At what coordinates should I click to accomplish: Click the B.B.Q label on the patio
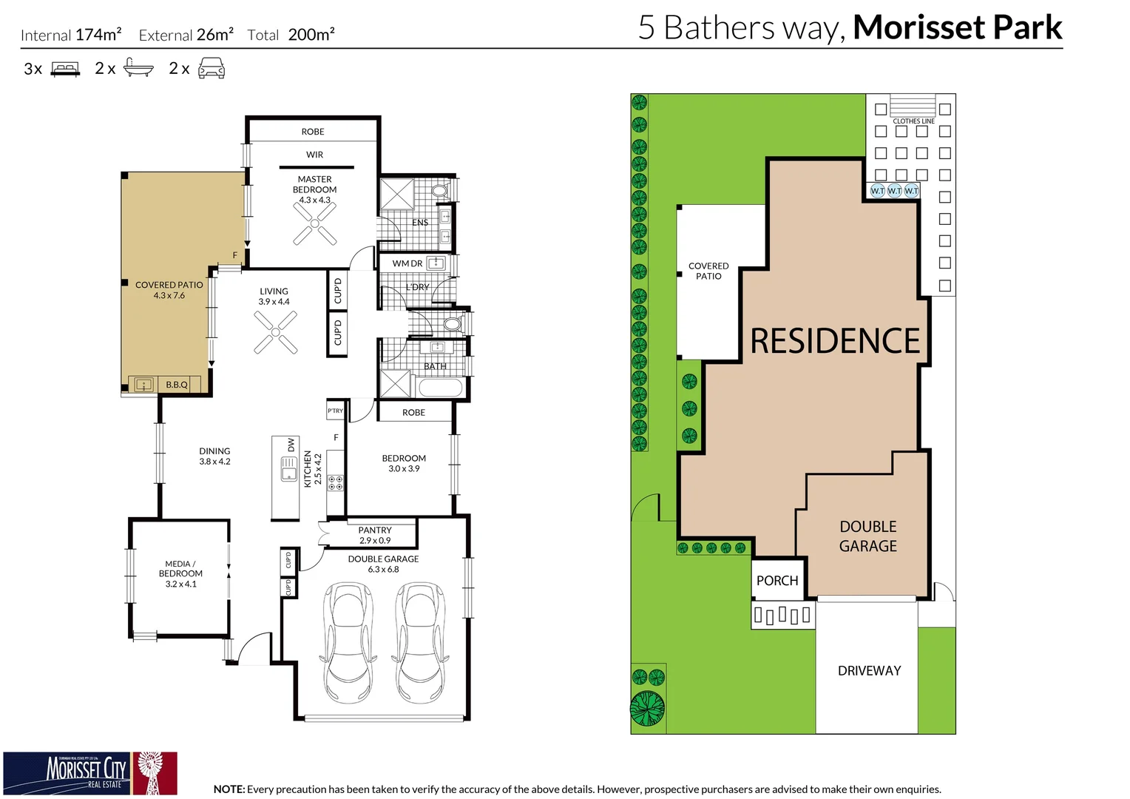pos(177,385)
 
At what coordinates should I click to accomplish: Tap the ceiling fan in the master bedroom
pos(315,223)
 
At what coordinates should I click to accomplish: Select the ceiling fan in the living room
pos(276,333)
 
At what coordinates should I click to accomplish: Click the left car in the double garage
pos(348,641)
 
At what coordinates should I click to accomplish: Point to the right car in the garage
pos(420,641)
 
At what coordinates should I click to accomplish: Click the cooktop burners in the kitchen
pos(336,483)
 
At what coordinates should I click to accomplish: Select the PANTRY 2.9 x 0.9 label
pos(375,535)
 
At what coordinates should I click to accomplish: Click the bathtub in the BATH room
pos(440,387)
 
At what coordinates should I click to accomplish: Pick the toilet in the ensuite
pos(439,191)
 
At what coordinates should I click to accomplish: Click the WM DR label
pos(407,263)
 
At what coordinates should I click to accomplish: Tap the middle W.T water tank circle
pos(895,191)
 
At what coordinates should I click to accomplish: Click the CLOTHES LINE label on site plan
pos(913,121)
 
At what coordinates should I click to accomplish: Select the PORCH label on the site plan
pos(777,581)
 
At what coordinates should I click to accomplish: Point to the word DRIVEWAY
pos(869,671)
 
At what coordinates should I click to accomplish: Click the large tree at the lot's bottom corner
pos(648,708)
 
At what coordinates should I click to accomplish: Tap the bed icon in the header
pos(65,70)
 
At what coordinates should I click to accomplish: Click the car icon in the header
pos(212,69)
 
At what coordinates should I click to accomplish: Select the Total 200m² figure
pos(311,35)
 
